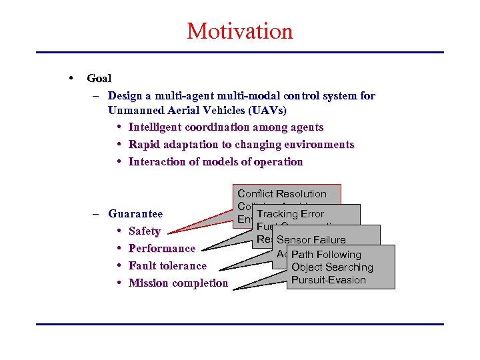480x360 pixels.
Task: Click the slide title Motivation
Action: click(x=239, y=31)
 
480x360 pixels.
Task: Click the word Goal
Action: click(x=99, y=78)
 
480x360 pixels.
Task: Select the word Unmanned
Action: click(x=134, y=110)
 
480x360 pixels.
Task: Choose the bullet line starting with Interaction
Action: click(x=215, y=162)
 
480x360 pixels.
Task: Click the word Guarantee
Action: click(x=135, y=214)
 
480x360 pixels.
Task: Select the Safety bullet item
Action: click(x=144, y=231)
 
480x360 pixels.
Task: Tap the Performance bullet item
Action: click(x=161, y=249)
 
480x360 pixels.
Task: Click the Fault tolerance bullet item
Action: click(x=167, y=266)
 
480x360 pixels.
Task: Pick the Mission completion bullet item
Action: click(x=178, y=283)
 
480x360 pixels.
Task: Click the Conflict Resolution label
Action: click(x=282, y=194)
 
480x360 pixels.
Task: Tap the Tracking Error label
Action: click(x=290, y=214)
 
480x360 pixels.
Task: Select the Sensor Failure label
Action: click(x=311, y=240)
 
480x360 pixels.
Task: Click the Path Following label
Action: click(x=326, y=255)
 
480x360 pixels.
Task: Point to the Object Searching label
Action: click(x=332, y=267)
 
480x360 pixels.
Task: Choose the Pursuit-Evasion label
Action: click(x=328, y=280)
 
